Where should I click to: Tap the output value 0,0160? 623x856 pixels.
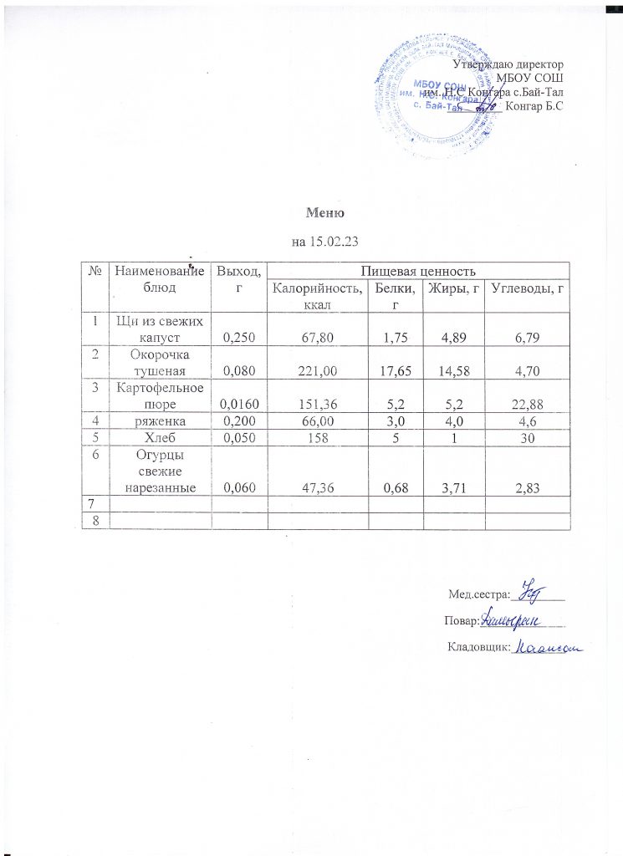(239, 405)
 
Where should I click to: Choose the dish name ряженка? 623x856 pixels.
(161, 422)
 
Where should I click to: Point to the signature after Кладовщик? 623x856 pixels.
(547, 646)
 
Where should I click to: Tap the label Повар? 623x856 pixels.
(461, 620)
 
